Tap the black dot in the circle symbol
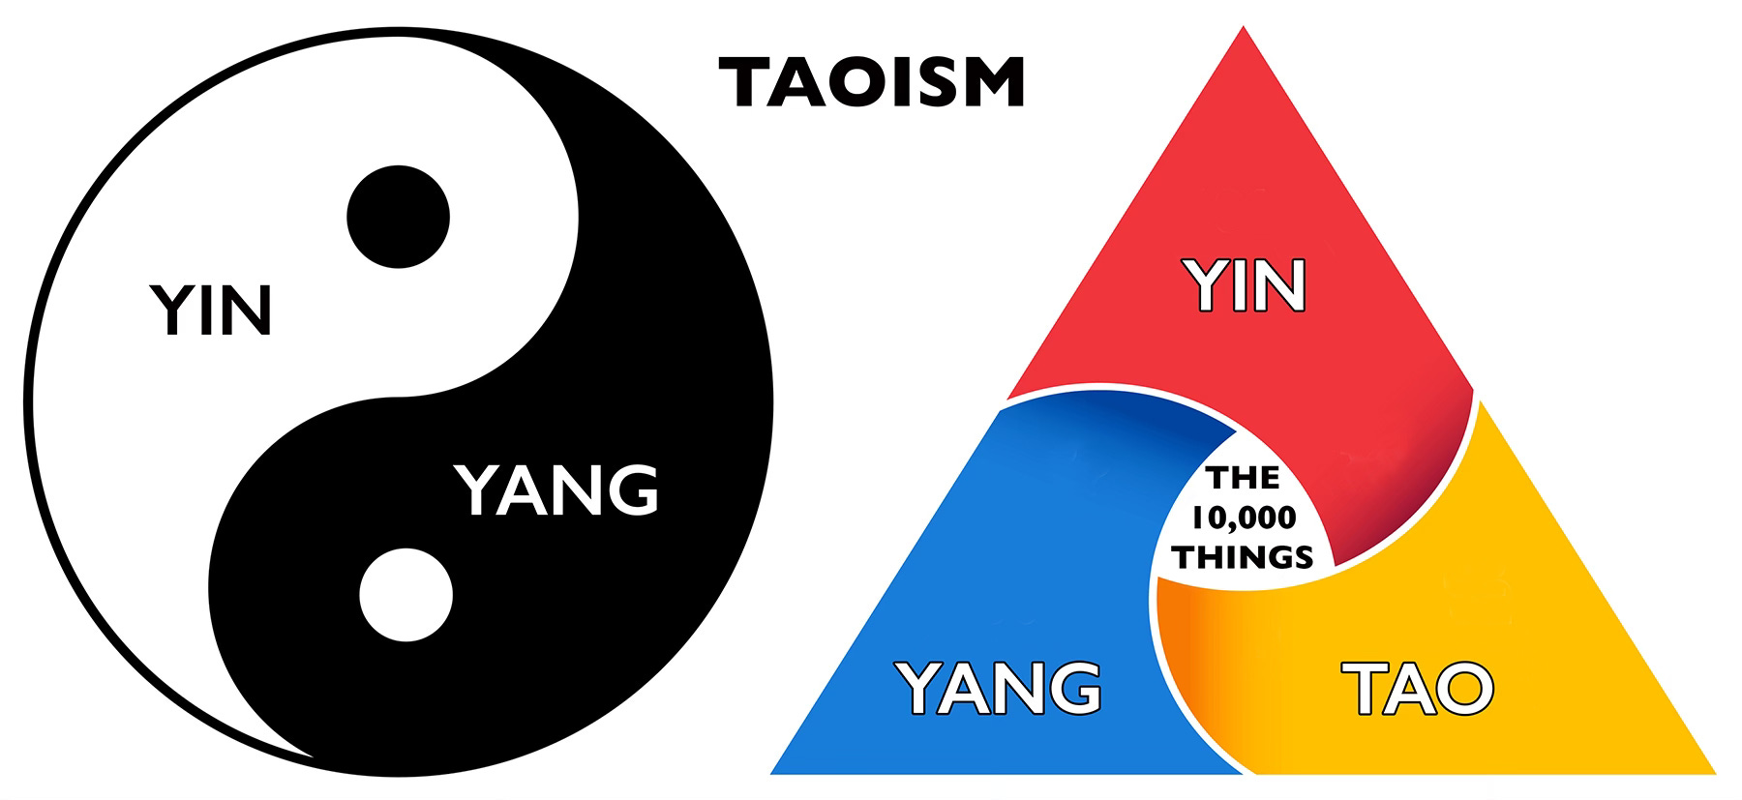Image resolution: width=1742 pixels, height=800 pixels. pos(399,215)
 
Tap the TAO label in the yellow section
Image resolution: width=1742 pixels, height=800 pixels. pos(1419,688)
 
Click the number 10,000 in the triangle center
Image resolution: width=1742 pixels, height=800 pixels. pos(1244,519)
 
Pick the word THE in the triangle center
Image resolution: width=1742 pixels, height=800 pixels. pos(1243,479)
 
